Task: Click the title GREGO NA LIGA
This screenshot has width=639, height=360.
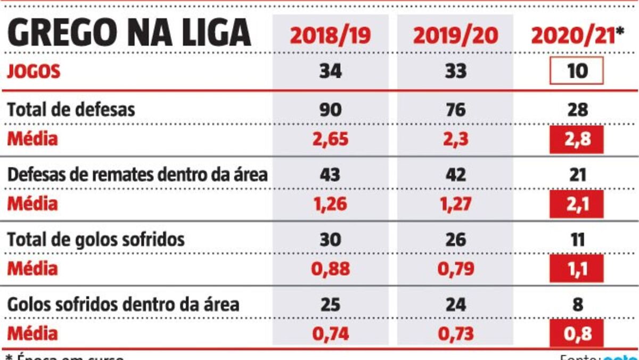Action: click(129, 33)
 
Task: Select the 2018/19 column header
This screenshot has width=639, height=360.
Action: click(331, 35)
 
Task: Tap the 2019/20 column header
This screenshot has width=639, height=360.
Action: click(456, 35)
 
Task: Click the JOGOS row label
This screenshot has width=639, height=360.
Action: click(34, 72)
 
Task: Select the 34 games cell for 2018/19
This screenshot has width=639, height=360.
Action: click(331, 72)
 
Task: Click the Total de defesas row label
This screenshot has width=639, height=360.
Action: click(71, 110)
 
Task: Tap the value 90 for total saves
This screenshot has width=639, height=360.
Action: click(331, 110)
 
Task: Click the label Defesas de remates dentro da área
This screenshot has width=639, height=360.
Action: click(137, 174)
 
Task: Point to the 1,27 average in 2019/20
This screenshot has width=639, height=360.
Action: click(456, 204)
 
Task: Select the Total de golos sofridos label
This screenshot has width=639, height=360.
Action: click(96, 239)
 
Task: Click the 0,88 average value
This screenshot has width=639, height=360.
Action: click(331, 269)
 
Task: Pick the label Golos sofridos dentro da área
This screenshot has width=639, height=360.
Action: click(123, 305)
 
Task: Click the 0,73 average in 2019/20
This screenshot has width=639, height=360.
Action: click(456, 334)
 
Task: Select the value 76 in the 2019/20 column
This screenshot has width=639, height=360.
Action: click(456, 110)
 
